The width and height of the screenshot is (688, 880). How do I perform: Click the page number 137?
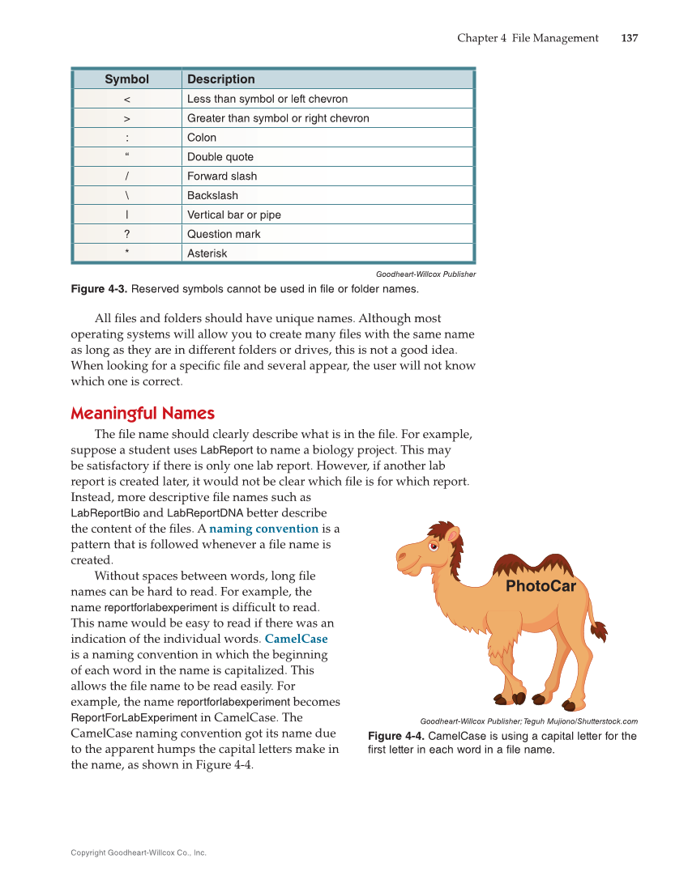pyautogui.click(x=630, y=38)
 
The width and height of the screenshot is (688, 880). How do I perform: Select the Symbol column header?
pyautogui.click(x=127, y=79)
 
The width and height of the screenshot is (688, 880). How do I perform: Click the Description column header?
pyautogui.click(x=221, y=79)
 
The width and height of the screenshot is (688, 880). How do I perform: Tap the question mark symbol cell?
pyautogui.click(x=127, y=234)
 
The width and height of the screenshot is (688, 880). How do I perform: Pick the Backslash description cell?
pyautogui.click(x=212, y=195)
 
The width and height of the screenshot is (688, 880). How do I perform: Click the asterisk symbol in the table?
pyautogui.click(x=127, y=253)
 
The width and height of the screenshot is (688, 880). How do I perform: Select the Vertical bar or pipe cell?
pyautogui.click(x=234, y=215)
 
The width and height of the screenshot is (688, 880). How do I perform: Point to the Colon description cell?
pyautogui.click(x=202, y=138)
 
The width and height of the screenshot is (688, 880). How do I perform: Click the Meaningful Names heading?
pyautogui.click(x=143, y=414)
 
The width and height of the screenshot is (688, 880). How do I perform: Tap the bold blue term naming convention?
pyautogui.click(x=263, y=529)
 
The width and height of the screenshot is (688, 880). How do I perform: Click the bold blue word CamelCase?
pyautogui.click(x=296, y=639)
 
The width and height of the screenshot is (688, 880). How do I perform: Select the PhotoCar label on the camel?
pyautogui.click(x=541, y=586)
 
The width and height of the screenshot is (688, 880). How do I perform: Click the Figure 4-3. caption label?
pyautogui.click(x=99, y=289)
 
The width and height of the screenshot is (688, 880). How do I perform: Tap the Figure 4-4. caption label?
pyautogui.click(x=396, y=736)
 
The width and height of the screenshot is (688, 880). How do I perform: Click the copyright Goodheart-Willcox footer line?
pyautogui.click(x=139, y=852)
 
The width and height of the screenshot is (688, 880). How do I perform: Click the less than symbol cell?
pyautogui.click(x=127, y=99)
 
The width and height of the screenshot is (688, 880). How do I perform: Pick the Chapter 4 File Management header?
pyautogui.click(x=528, y=38)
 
